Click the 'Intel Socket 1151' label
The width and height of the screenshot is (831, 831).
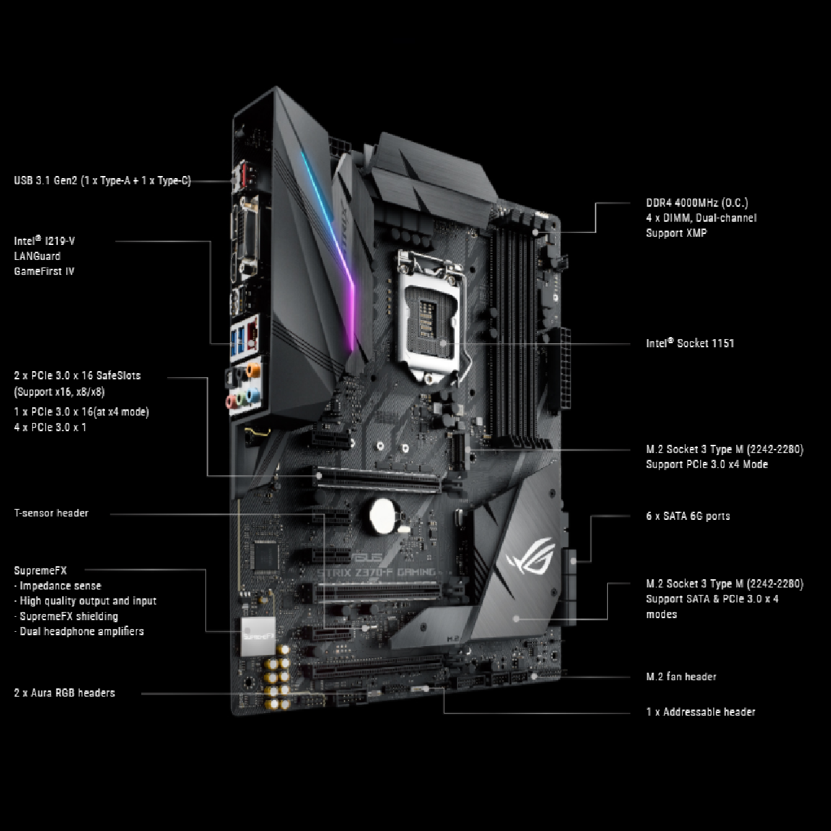[x=690, y=343]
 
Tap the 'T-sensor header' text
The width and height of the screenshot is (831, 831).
[x=51, y=513]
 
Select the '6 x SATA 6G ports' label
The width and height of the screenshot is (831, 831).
[x=688, y=516]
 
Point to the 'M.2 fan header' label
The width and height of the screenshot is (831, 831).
[x=681, y=677]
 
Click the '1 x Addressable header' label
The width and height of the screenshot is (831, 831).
[x=701, y=712]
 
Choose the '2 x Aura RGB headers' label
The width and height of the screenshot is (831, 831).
[x=64, y=692]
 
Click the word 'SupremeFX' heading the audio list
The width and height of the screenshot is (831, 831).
[x=40, y=570]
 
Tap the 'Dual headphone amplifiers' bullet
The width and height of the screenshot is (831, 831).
[x=81, y=631]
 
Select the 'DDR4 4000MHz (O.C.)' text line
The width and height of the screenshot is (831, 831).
[x=697, y=203]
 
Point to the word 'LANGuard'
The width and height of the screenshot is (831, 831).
[x=37, y=256]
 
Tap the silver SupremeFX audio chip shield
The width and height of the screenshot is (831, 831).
[x=258, y=636]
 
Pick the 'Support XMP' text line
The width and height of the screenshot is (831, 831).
[x=676, y=233]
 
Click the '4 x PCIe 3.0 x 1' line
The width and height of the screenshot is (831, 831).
[x=50, y=427]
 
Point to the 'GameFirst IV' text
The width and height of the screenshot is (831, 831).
[x=44, y=271]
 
